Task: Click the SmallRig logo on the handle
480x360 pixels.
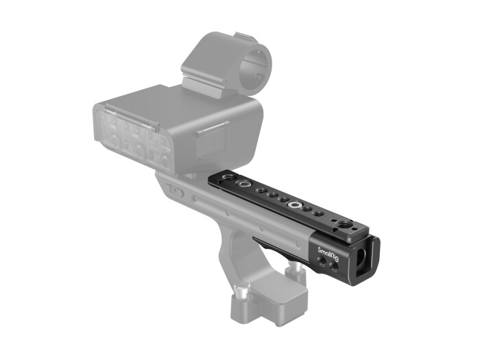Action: [x=328, y=250]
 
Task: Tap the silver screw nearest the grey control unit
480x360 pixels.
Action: [x=242, y=186]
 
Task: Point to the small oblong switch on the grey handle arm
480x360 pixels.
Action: [x=176, y=192]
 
